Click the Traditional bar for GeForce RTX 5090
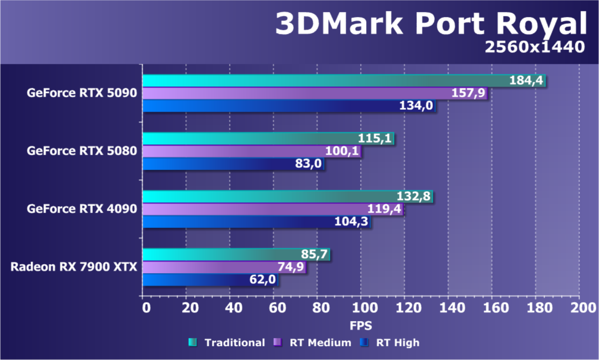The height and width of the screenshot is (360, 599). pyautogui.click(x=324, y=81)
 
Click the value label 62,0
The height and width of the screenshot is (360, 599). pyautogui.click(x=263, y=280)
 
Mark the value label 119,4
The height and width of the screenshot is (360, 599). pyautogui.click(x=384, y=209)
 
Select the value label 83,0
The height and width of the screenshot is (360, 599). pyautogui.click(x=308, y=164)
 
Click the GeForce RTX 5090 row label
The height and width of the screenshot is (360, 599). pyautogui.click(x=82, y=93)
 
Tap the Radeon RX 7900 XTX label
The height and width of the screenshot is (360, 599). pyautogui.click(x=74, y=267)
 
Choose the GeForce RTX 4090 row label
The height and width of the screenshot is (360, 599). pyautogui.click(x=82, y=209)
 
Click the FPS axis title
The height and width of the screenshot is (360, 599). pyautogui.click(x=360, y=325)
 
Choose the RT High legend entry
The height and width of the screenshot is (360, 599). pyautogui.click(x=391, y=343)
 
